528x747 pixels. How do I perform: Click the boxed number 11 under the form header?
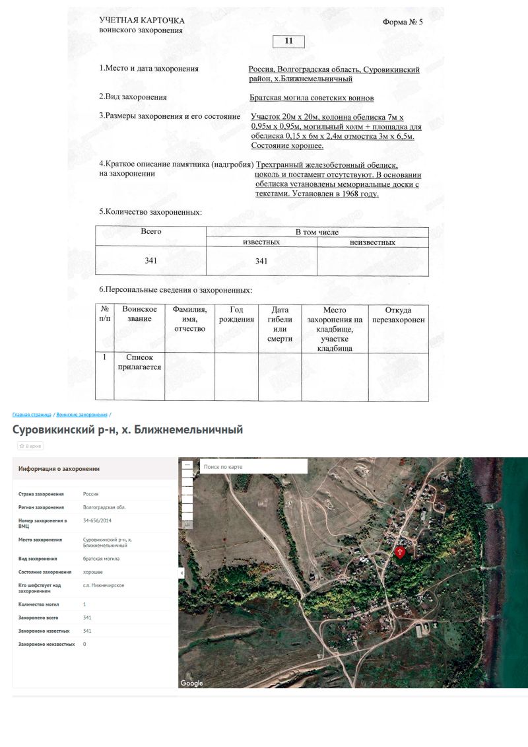click(x=288, y=41)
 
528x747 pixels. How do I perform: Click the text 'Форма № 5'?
click(x=403, y=22)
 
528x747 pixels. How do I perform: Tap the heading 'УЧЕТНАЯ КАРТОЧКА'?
click(x=142, y=21)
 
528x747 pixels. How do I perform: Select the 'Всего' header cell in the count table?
click(x=151, y=232)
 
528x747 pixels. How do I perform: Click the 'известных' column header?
click(x=261, y=242)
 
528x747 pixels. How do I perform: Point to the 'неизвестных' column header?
click(x=372, y=242)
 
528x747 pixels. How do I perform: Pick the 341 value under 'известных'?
click(x=261, y=261)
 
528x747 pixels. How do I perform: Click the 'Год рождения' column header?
click(x=236, y=314)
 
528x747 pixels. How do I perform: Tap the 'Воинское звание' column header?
click(x=139, y=314)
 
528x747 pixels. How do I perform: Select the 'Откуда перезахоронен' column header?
click(x=398, y=314)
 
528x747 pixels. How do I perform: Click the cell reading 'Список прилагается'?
click(x=139, y=362)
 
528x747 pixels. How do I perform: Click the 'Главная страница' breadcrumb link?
click(x=32, y=415)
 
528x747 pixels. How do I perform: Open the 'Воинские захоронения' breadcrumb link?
click(x=82, y=415)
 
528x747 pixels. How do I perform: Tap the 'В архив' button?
click(x=30, y=446)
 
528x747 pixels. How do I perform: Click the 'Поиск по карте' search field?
click(x=253, y=467)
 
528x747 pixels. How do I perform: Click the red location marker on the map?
click(x=400, y=552)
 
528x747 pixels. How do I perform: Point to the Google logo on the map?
click(x=192, y=683)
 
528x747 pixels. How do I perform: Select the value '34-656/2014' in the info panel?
click(x=97, y=521)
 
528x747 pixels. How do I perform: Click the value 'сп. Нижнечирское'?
click(x=104, y=585)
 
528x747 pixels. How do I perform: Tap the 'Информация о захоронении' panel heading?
click(x=59, y=469)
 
